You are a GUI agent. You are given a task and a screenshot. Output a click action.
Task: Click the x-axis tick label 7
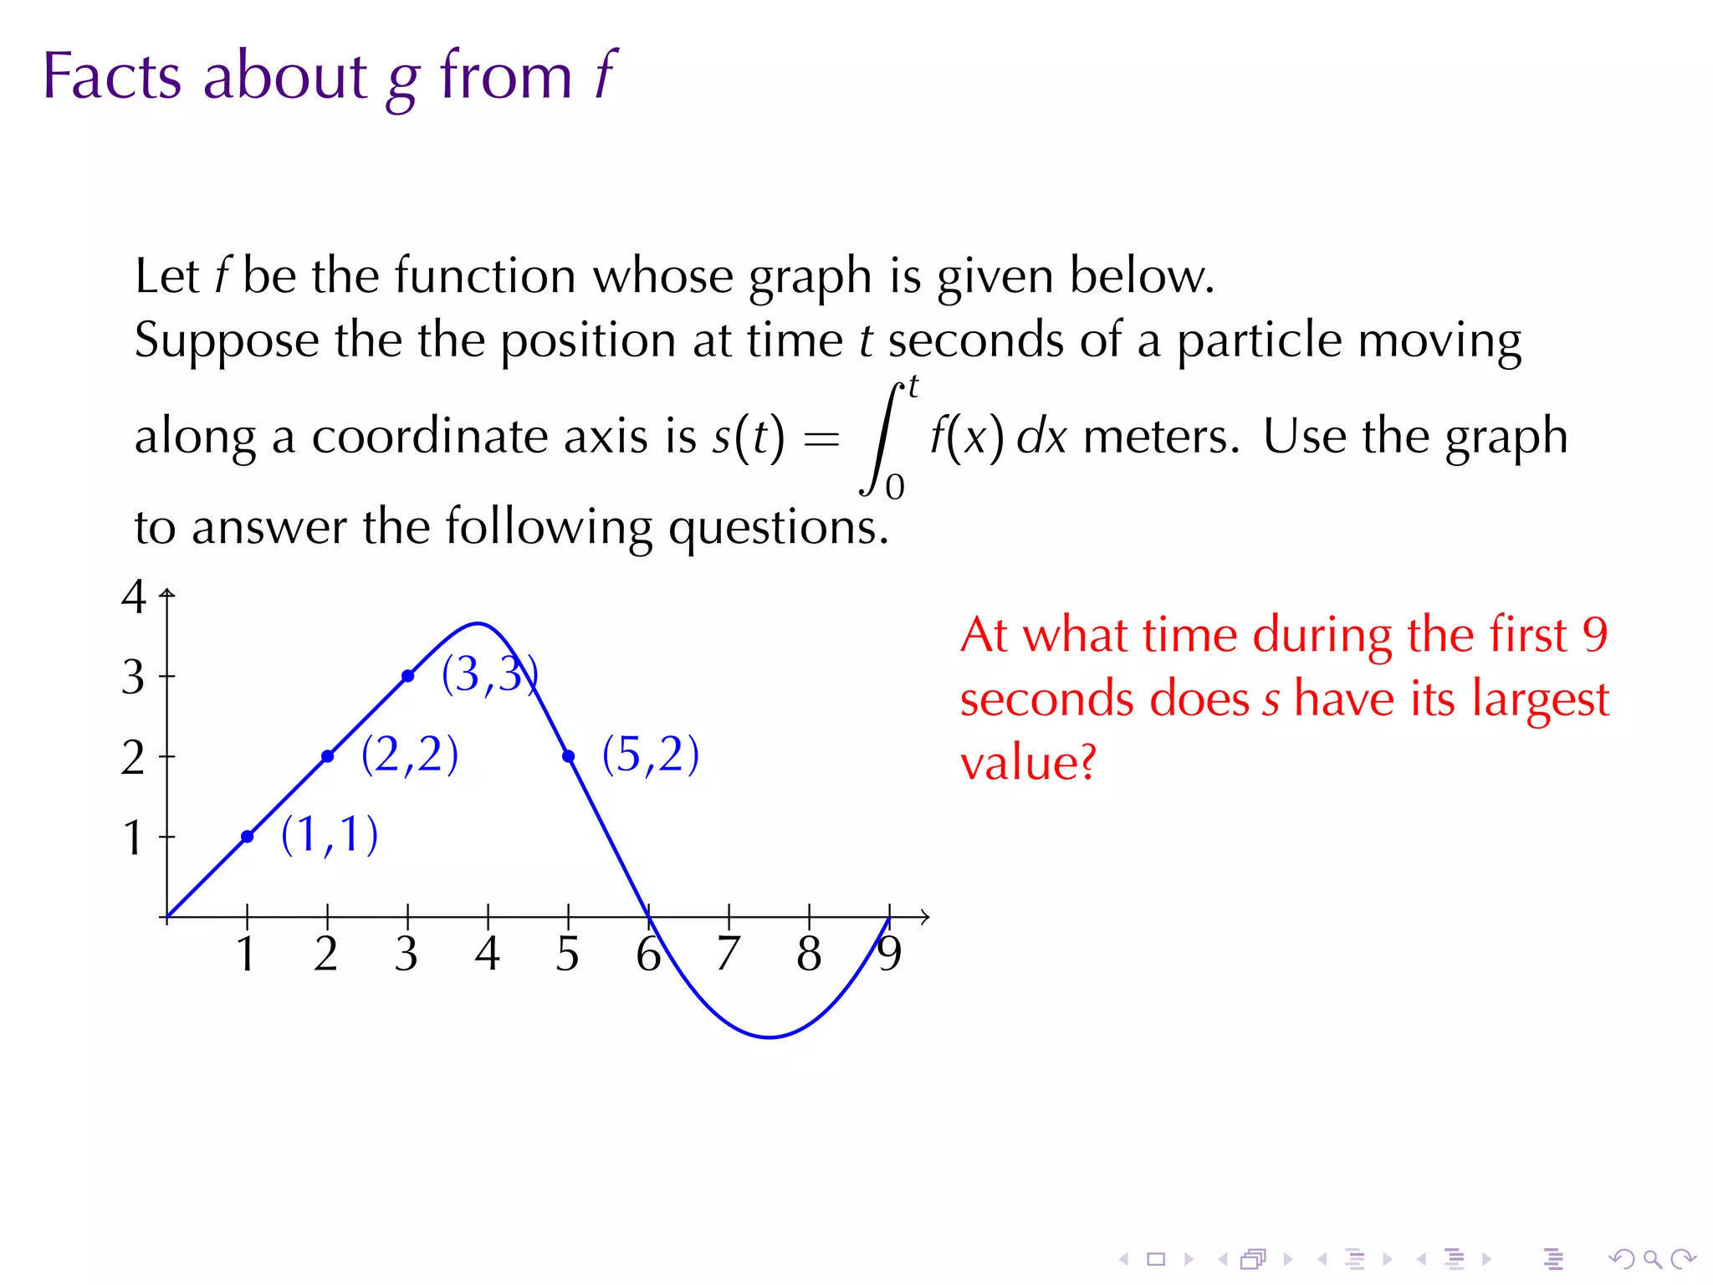click(729, 954)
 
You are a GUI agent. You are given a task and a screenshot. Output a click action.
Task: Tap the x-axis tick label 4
click(487, 954)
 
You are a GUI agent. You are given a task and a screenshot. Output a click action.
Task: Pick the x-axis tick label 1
click(246, 954)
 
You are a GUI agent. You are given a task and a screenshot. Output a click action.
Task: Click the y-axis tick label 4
click(134, 597)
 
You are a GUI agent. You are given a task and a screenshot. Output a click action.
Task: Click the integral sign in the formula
click(883, 438)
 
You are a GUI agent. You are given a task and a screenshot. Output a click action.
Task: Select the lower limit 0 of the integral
click(895, 487)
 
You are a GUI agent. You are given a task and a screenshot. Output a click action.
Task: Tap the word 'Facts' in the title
click(111, 76)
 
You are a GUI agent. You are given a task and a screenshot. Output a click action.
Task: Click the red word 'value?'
click(1028, 762)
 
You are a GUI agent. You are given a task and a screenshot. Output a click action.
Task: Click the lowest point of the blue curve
click(770, 1037)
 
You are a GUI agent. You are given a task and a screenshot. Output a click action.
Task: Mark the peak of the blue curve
click(478, 623)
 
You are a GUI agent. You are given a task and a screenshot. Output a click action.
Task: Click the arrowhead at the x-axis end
click(925, 917)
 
